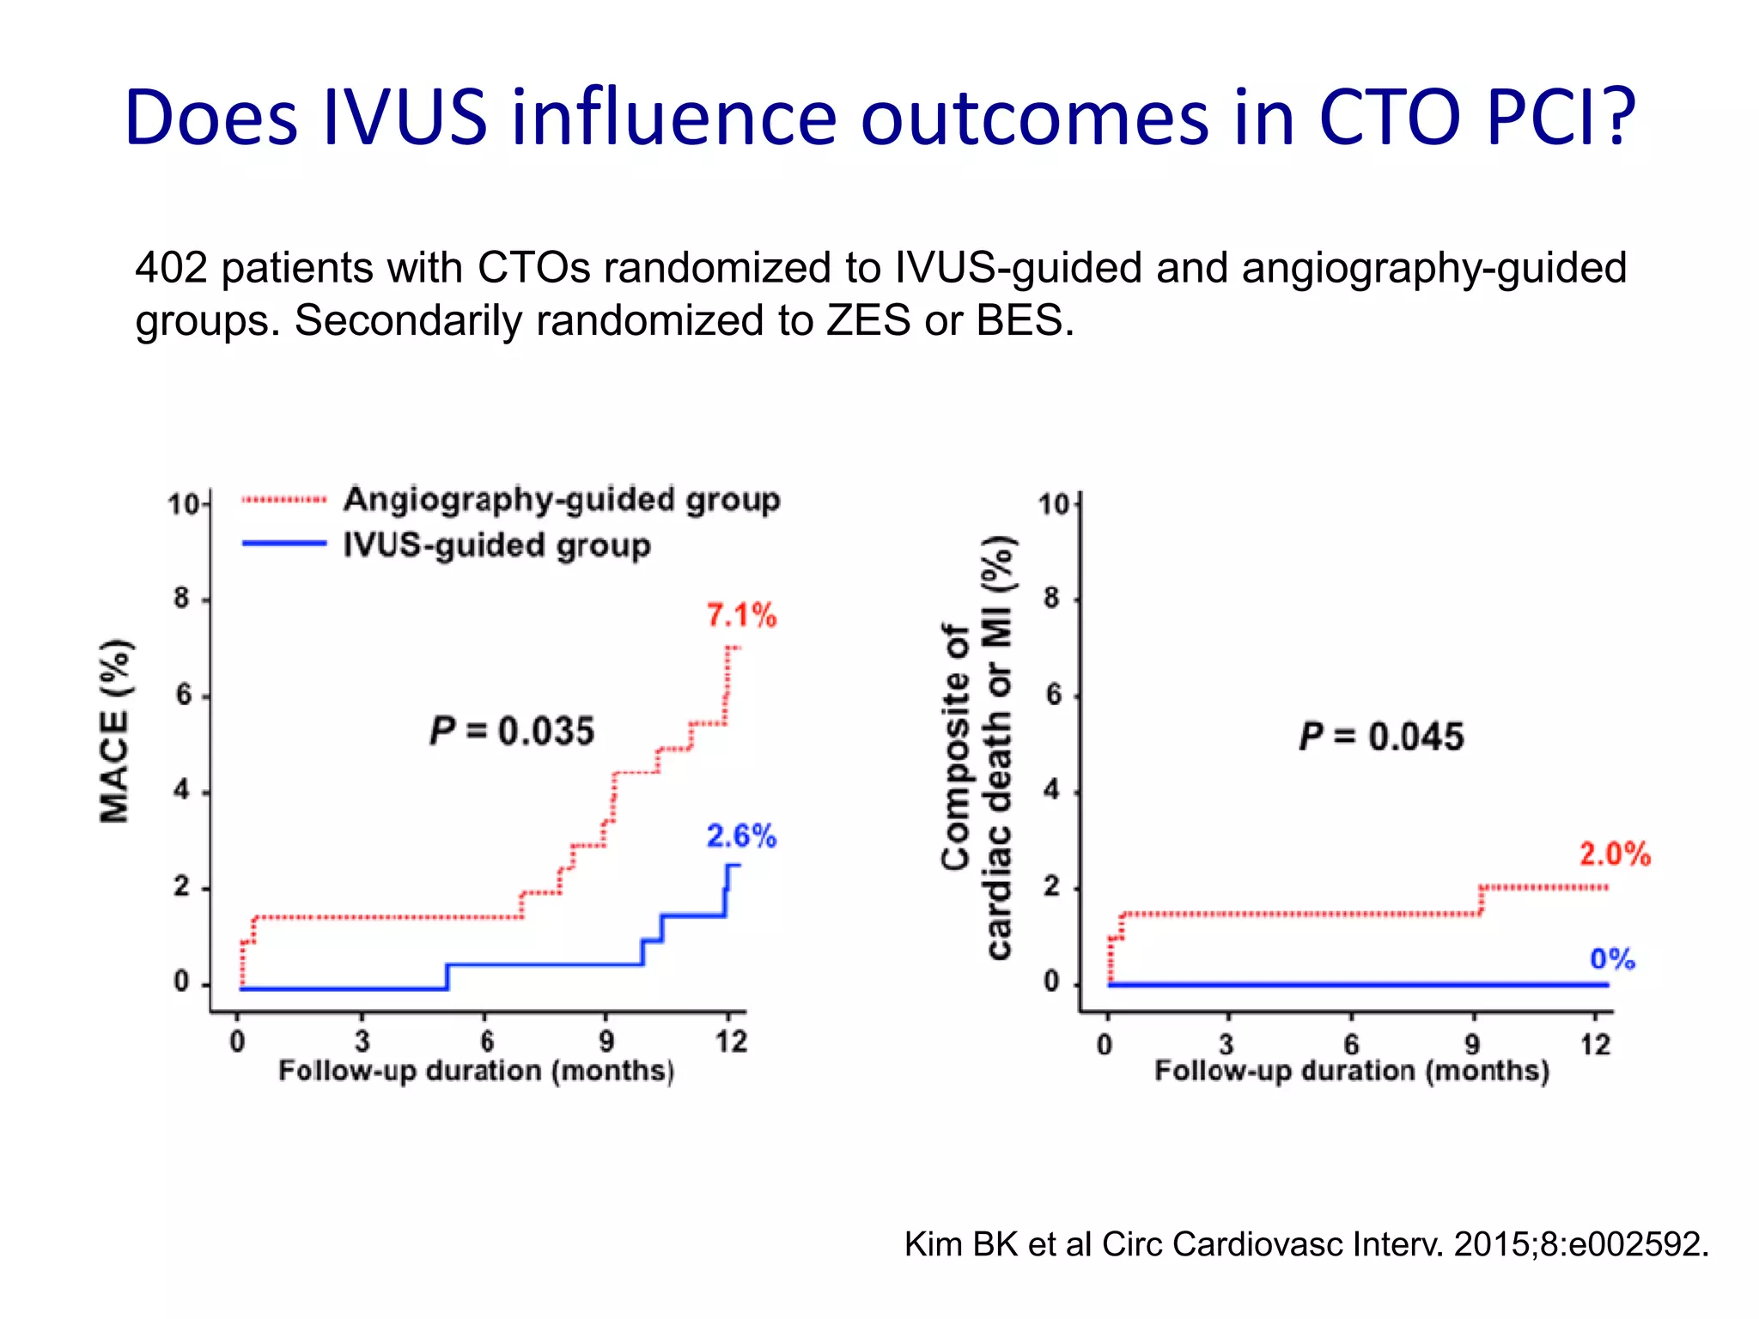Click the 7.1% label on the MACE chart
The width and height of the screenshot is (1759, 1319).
click(x=741, y=615)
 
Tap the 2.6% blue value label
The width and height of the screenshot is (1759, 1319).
click(x=741, y=836)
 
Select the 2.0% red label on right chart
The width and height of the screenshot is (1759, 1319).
click(x=1615, y=854)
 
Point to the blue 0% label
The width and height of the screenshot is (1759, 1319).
click(x=1612, y=958)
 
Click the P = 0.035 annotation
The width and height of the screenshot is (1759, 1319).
click(x=512, y=732)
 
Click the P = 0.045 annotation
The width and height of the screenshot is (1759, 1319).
click(x=1381, y=737)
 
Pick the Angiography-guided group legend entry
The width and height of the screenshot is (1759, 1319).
click(x=561, y=499)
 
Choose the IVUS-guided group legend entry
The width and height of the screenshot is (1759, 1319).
click(x=496, y=545)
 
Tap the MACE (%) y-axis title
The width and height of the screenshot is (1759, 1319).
click(x=115, y=732)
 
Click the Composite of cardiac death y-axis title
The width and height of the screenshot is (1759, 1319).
click(x=977, y=747)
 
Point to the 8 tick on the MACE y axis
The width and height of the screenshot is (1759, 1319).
click(x=181, y=598)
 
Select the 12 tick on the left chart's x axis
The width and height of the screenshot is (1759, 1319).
click(x=731, y=1042)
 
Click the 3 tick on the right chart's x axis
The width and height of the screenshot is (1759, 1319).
click(x=1226, y=1044)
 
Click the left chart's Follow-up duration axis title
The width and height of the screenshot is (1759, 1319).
click(x=476, y=1072)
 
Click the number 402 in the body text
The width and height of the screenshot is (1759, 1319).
click(x=171, y=267)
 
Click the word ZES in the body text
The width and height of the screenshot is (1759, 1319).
click(x=869, y=320)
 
